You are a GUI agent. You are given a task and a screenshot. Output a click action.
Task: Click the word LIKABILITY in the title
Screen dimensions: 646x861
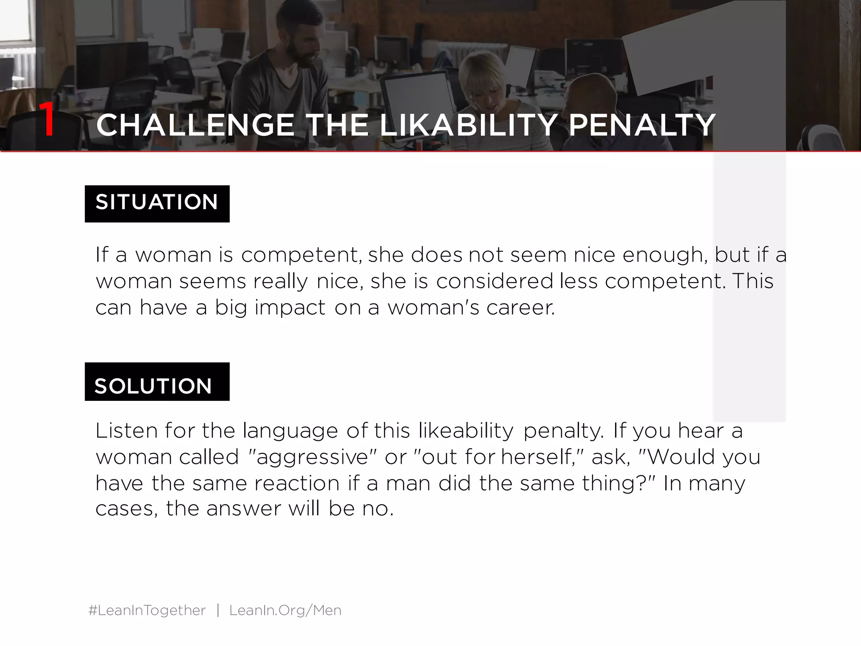tap(468, 125)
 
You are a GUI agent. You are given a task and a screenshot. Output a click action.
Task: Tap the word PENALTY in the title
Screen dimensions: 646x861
tap(642, 125)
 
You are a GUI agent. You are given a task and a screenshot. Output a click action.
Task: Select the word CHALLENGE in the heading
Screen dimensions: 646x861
tap(195, 125)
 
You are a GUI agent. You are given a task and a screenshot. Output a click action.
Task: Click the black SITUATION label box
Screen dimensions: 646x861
tap(157, 204)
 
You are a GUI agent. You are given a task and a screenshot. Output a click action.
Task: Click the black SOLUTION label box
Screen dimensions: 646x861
tap(157, 382)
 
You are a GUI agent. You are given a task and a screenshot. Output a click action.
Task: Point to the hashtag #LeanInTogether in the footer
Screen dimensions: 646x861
tap(147, 610)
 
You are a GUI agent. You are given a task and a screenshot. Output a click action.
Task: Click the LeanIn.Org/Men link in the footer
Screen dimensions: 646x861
tap(285, 610)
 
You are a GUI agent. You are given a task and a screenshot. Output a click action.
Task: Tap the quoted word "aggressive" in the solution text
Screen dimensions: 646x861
tap(313, 457)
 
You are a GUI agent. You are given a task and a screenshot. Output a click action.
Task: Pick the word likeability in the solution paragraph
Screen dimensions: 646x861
tap(465, 431)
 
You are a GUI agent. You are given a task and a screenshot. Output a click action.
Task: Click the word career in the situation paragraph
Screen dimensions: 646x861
tap(520, 307)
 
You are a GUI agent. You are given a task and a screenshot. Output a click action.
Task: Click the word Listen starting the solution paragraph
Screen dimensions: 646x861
tap(126, 431)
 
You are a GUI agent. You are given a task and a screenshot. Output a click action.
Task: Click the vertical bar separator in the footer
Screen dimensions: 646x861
tap(218, 610)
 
